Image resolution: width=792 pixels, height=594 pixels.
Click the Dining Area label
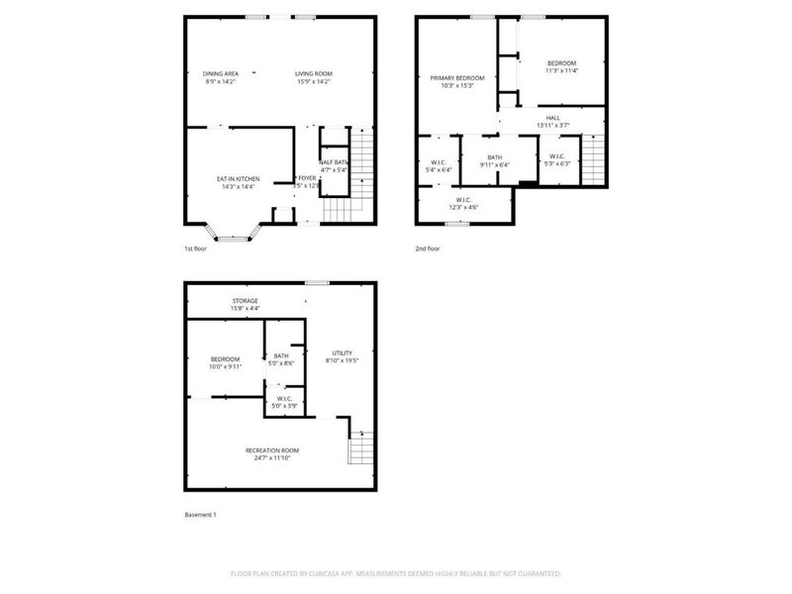220,73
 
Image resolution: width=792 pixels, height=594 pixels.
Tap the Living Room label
313,73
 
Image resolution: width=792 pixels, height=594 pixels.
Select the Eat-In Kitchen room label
238,178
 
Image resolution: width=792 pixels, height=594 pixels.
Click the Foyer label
307,178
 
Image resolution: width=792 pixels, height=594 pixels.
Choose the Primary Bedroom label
456,77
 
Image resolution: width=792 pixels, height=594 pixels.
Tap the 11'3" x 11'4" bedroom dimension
561,71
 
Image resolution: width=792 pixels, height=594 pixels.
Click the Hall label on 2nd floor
552,118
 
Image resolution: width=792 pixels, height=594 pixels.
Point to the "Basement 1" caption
200,515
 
